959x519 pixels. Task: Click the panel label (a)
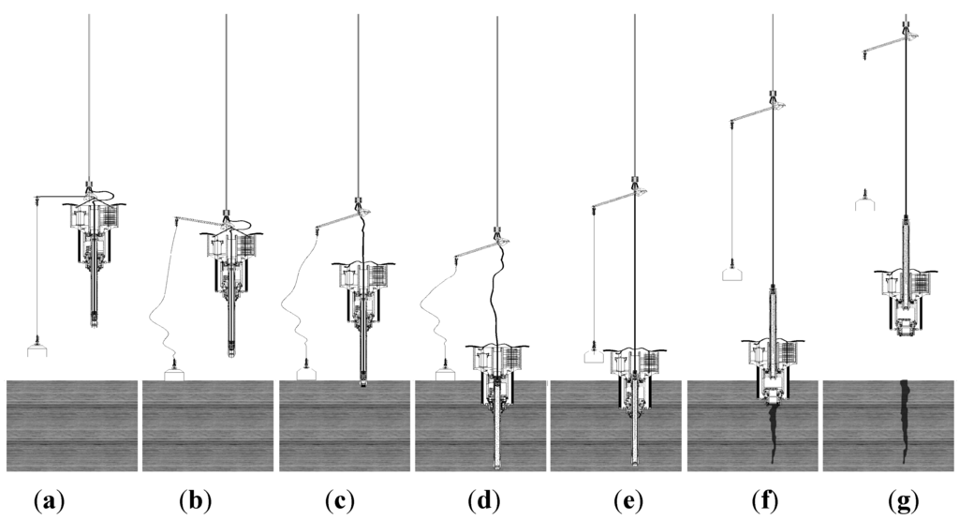point(49,500)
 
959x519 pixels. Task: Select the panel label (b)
point(196,500)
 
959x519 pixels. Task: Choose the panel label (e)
point(626,500)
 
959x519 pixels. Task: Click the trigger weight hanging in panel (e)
point(592,355)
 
